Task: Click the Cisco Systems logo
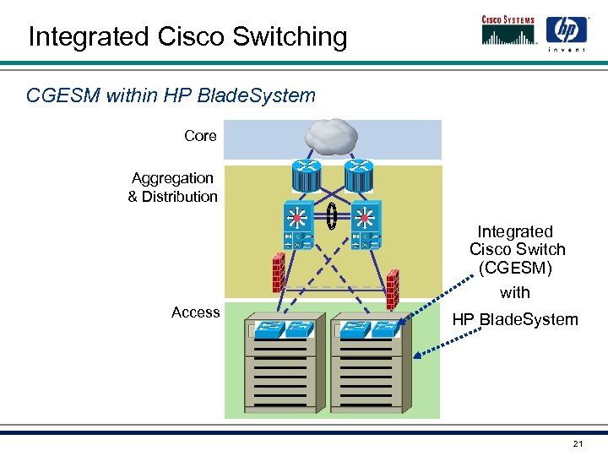[x=509, y=30]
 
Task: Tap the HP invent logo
[x=565, y=33]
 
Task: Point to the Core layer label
[x=200, y=136]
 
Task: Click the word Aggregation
[x=172, y=178]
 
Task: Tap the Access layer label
[x=195, y=312]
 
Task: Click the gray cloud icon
[x=331, y=134]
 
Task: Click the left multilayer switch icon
[x=297, y=225]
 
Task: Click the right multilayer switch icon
[x=365, y=225]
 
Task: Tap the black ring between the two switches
[x=332, y=216]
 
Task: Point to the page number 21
[x=578, y=444]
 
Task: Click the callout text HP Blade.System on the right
[x=515, y=319]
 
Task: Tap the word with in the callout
[x=515, y=292]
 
